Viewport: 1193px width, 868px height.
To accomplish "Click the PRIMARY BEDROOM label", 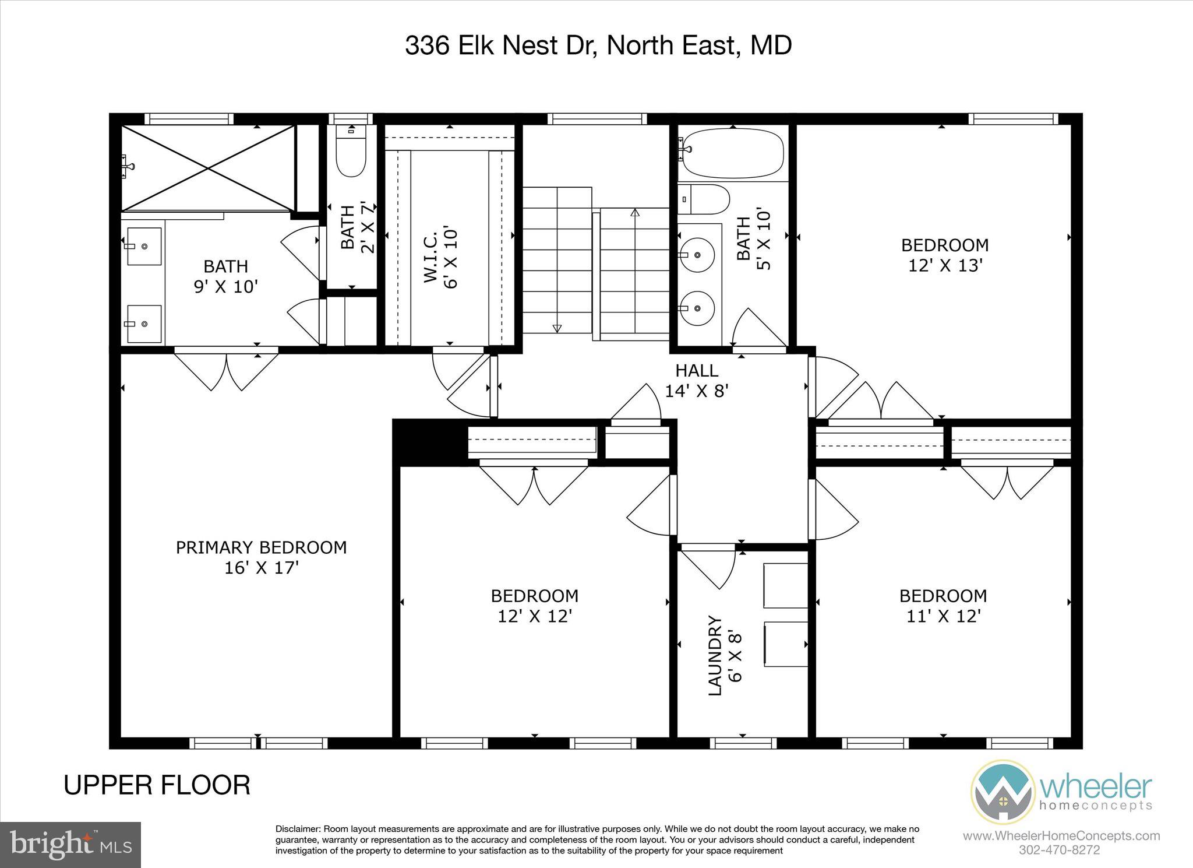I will point(261,547).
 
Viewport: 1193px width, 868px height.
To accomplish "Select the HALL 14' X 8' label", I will point(697,380).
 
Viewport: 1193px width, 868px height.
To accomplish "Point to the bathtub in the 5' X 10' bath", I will point(732,154).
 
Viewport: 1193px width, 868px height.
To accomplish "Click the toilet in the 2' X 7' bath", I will point(351,154).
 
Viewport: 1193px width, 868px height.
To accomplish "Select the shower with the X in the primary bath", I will point(208,168).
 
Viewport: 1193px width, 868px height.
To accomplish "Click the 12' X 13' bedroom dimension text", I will point(945,265).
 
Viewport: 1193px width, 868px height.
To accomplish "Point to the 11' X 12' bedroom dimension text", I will point(944,616).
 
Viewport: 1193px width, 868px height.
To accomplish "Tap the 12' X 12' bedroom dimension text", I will point(535,616).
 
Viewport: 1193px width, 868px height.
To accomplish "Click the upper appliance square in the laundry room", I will point(785,585).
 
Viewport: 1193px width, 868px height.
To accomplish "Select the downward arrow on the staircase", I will point(557,328).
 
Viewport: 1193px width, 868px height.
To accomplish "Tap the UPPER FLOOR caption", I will point(157,785).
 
